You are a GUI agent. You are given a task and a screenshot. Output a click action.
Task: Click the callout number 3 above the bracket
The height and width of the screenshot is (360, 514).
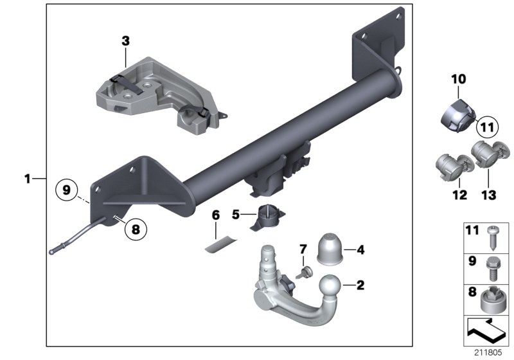tap(125, 40)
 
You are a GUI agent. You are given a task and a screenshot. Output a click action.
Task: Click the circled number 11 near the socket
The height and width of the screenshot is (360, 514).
tap(486, 127)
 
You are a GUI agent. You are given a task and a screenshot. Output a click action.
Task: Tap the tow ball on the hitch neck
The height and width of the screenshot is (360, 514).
tap(330, 288)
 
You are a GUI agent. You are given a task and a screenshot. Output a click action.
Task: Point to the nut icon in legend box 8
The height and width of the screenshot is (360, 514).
tap(494, 298)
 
